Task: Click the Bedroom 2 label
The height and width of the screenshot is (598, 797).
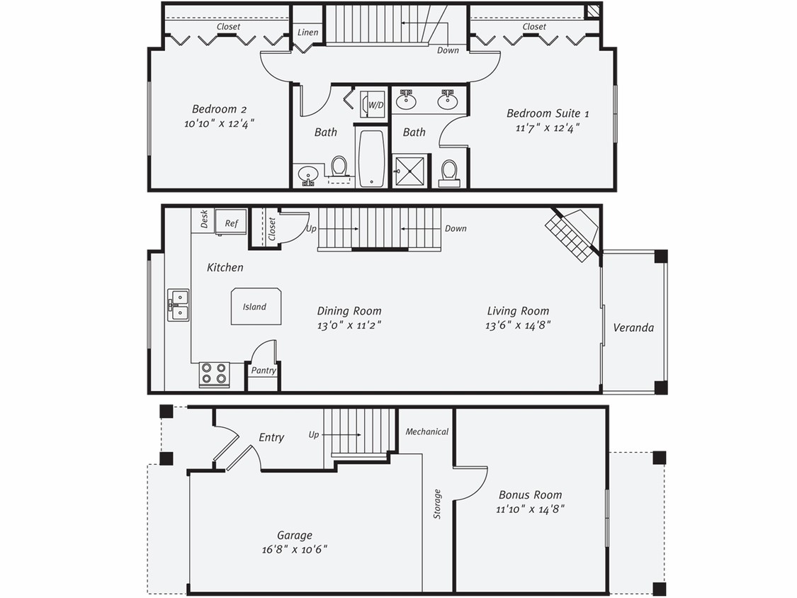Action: (x=219, y=109)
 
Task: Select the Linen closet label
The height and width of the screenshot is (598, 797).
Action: (x=307, y=33)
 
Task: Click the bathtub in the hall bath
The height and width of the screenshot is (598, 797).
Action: (x=372, y=158)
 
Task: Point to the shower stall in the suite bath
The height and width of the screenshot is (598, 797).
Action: (x=409, y=171)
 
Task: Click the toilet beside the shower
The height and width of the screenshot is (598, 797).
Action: (x=449, y=172)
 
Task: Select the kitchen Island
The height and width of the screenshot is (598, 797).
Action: (x=255, y=307)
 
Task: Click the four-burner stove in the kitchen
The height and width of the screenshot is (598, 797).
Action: (x=214, y=373)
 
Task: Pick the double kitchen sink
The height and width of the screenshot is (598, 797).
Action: (x=178, y=305)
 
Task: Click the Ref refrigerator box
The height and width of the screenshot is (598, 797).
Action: (x=231, y=222)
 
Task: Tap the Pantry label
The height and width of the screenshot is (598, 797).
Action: (x=264, y=371)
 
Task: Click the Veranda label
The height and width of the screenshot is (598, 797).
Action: (x=633, y=328)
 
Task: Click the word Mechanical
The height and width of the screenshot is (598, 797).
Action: (x=427, y=431)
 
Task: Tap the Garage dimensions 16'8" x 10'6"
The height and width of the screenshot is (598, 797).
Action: (x=294, y=549)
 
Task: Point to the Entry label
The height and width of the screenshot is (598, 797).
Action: (x=271, y=437)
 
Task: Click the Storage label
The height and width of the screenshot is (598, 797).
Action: (x=437, y=504)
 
